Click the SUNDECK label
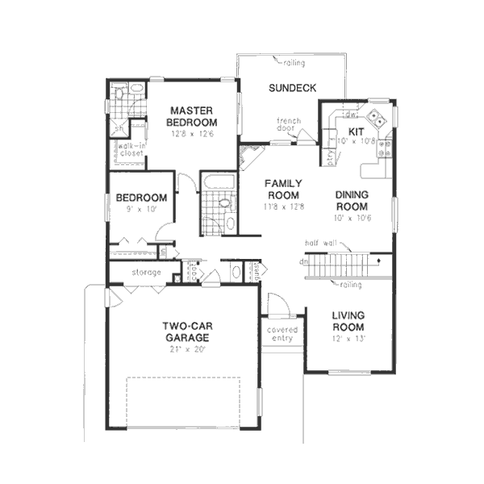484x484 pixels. coord(293,89)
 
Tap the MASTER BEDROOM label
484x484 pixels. coord(191,116)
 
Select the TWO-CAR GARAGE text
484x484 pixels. coord(187,332)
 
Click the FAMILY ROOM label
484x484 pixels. coord(283,189)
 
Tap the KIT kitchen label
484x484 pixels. coord(356,131)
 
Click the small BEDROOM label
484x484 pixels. coord(141,198)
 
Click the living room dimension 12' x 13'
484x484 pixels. coord(348,338)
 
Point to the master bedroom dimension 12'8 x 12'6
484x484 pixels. coord(191,134)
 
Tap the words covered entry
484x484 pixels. coord(282,334)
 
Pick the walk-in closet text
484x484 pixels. coord(130,149)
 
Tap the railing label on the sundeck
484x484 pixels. coord(294,60)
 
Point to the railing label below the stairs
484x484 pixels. coord(351,284)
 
